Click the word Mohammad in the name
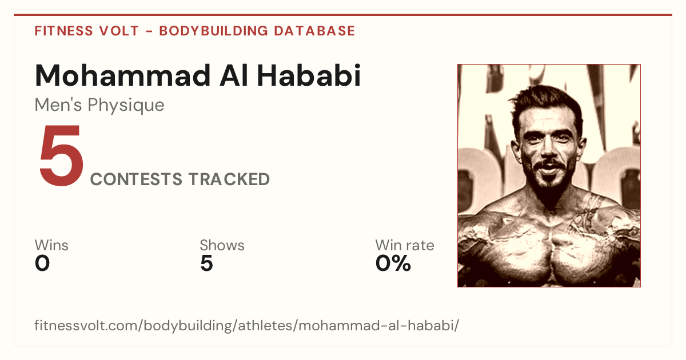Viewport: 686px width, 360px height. [123, 75]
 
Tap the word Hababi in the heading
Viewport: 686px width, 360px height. [309, 75]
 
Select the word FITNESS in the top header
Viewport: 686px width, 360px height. [63, 31]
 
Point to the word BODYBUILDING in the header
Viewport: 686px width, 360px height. [214, 31]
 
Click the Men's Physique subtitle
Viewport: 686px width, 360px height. [99, 105]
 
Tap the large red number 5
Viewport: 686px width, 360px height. [61, 155]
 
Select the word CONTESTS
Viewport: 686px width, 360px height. [136, 179]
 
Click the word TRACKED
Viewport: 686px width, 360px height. [229, 179]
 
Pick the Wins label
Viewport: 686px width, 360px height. [51, 245]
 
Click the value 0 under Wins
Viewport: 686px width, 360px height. [42, 263]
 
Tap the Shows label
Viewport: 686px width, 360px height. [222, 245]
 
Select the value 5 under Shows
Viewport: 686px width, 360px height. [207, 263]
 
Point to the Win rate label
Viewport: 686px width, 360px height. [405, 245]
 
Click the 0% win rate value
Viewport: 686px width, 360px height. [393, 263]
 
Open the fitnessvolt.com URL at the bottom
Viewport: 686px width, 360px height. [247, 325]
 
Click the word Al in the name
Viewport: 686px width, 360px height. [234, 75]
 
